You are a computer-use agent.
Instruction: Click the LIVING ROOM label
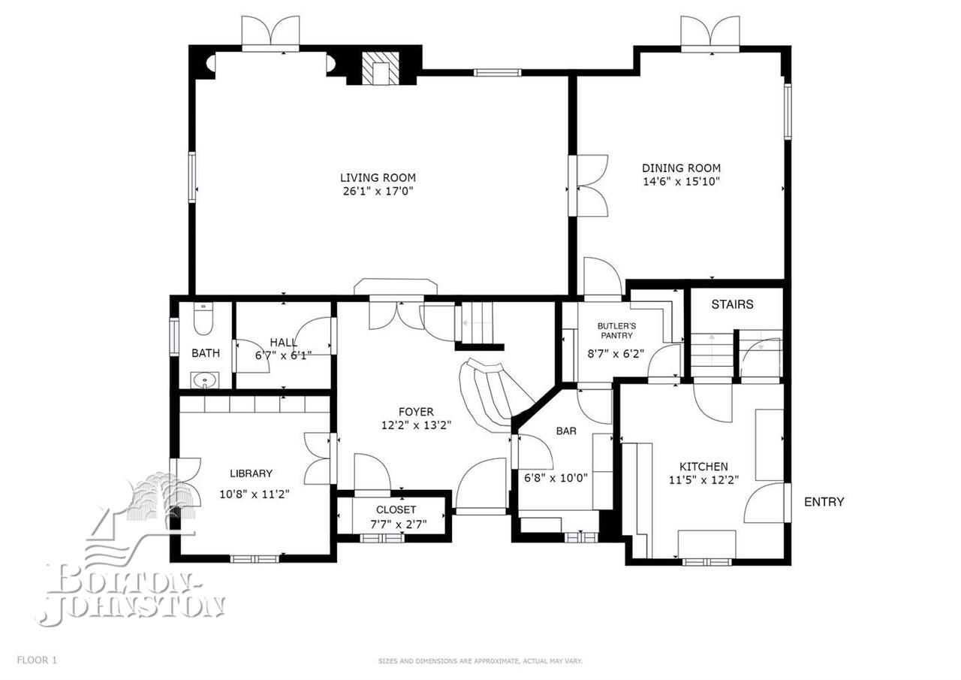coord(378,177)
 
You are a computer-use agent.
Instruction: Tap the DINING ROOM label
coord(681,168)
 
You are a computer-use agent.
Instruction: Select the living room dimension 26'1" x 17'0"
coord(378,191)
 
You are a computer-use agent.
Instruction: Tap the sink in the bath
coord(205,380)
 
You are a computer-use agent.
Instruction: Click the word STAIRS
coord(732,304)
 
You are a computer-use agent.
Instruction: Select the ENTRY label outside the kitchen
coord(824,502)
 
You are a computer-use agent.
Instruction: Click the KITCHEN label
coord(703,466)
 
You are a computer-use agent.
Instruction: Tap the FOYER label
coord(416,412)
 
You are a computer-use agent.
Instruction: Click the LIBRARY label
coord(252,473)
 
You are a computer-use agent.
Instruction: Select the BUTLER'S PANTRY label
coord(617,331)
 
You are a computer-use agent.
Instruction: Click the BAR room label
coord(566,431)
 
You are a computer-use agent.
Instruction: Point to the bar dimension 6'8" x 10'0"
coord(556,477)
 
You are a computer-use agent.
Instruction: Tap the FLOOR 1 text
coord(37,660)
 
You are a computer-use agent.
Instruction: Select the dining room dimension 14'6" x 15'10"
coord(681,182)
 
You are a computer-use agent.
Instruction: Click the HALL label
coord(284,342)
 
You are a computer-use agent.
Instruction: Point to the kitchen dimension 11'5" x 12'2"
coord(704,480)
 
